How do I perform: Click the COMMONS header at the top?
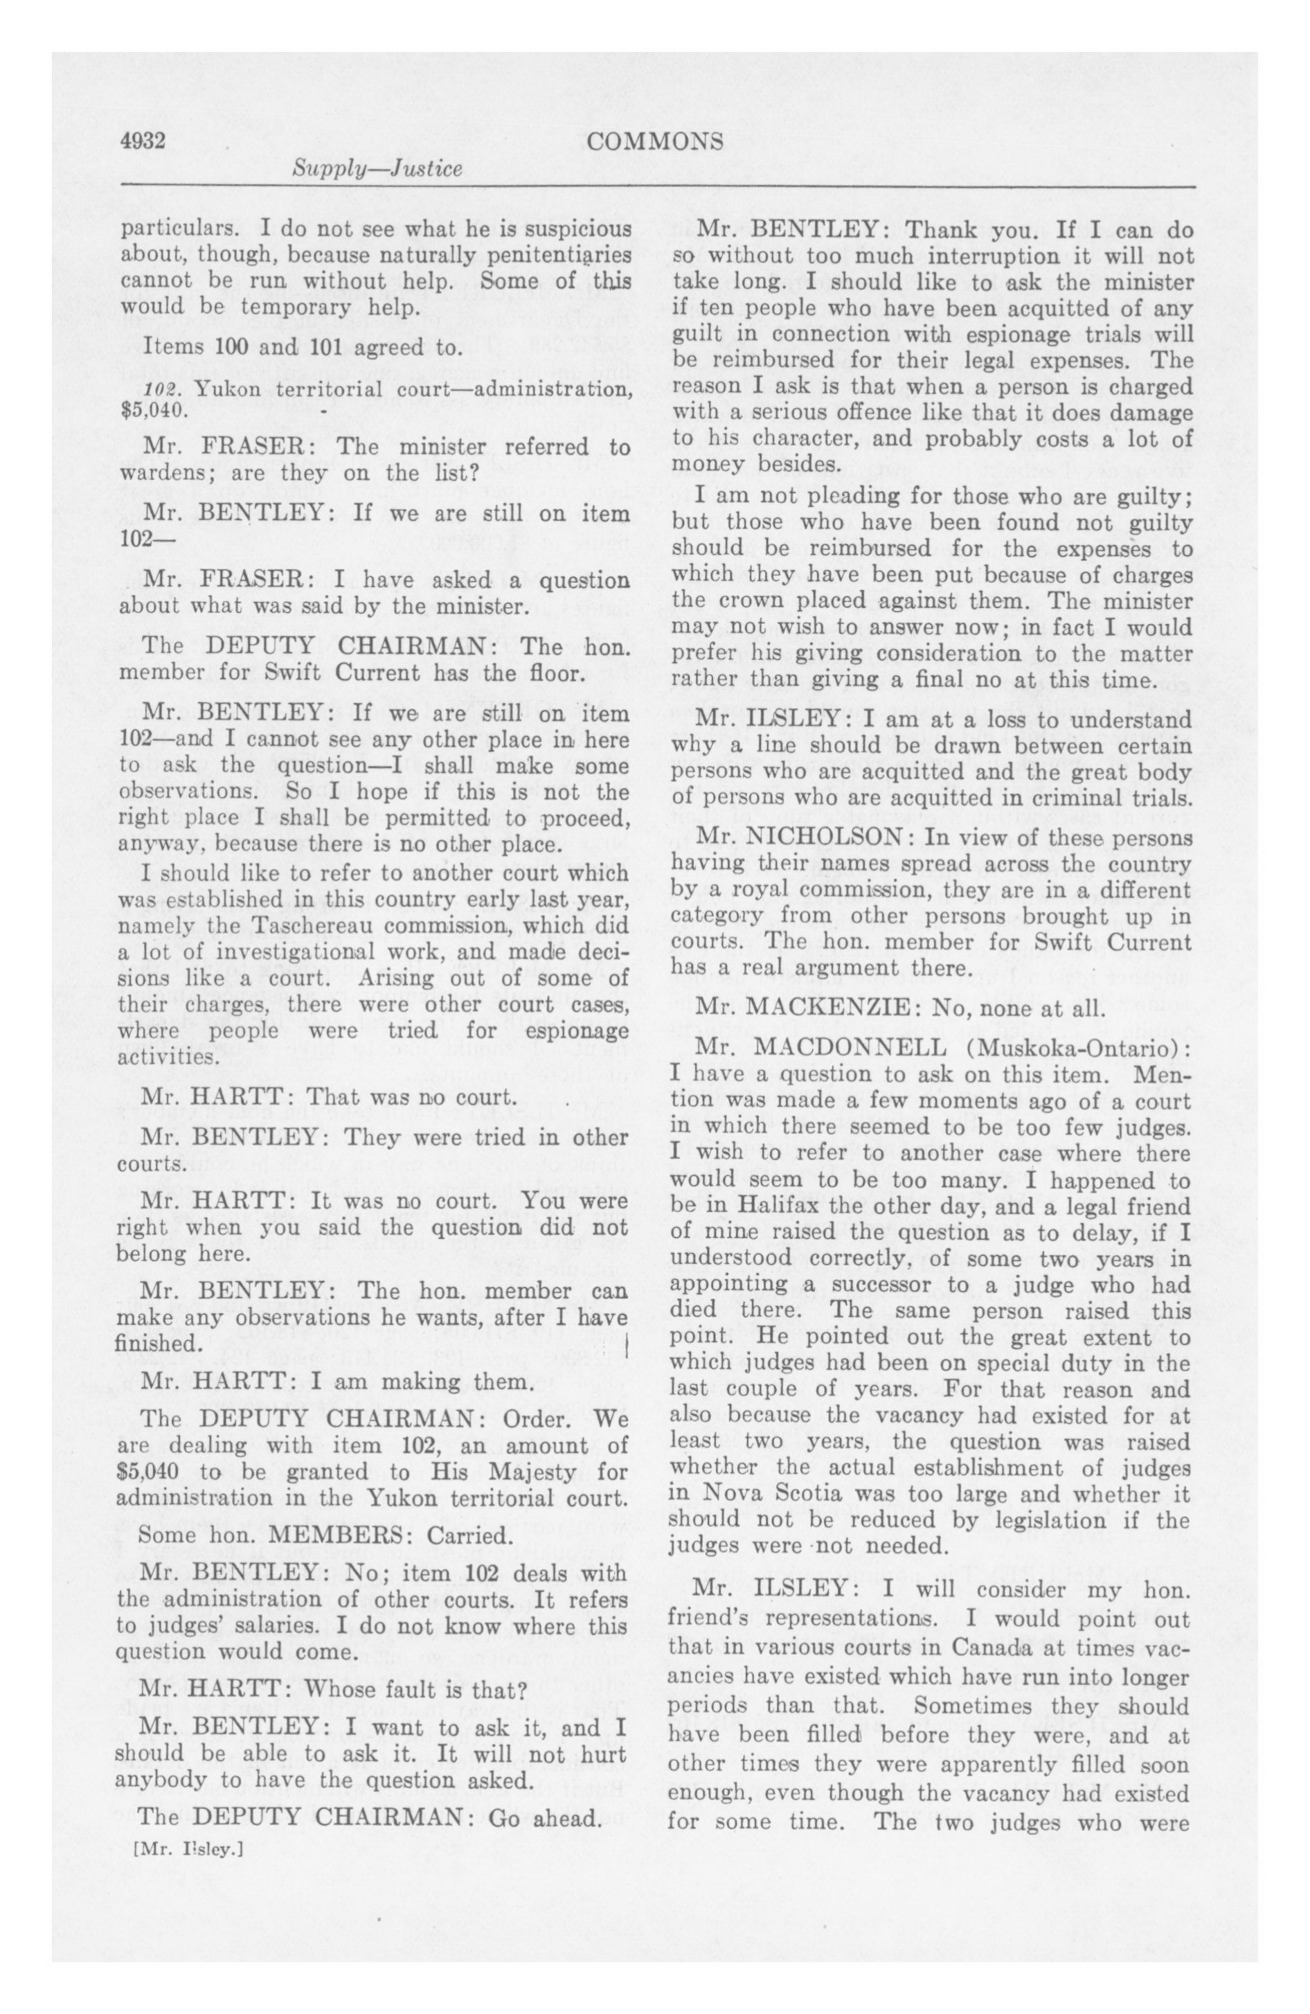coord(655,141)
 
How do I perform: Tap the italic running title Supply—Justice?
coord(377,168)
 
